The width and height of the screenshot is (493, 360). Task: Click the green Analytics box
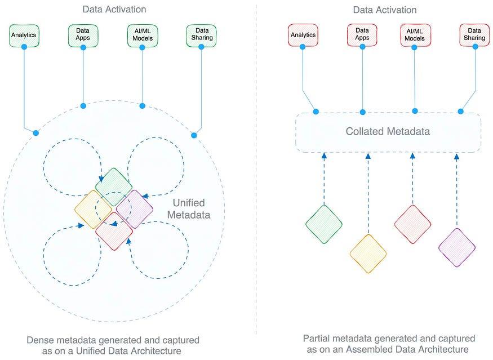(24, 35)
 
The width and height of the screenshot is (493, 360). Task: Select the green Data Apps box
(83, 35)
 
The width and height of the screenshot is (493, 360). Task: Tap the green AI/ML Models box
(143, 35)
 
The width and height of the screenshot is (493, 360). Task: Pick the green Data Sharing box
(201, 35)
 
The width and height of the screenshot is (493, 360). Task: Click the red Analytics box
(303, 35)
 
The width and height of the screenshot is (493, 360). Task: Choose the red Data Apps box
(362, 35)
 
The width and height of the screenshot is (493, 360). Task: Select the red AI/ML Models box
(415, 35)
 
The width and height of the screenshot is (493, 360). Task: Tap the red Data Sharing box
(474, 35)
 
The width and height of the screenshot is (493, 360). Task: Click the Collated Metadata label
(388, 131)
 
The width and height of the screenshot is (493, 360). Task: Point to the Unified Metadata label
(189, 209)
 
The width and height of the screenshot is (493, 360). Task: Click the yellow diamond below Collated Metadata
(368, 254)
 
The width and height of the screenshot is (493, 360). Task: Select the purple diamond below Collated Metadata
(457, 247)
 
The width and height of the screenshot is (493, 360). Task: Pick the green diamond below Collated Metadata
(324, 224)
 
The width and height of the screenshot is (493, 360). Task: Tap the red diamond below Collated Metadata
(412, 224)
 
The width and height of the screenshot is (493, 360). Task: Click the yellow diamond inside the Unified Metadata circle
(93, 209)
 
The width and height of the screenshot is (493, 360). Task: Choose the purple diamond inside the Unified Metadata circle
(135, 209)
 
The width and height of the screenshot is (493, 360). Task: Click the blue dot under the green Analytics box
(24, 47)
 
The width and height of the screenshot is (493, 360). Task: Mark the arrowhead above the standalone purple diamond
(457, 156)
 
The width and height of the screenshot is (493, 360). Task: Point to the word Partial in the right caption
(316, 339)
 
